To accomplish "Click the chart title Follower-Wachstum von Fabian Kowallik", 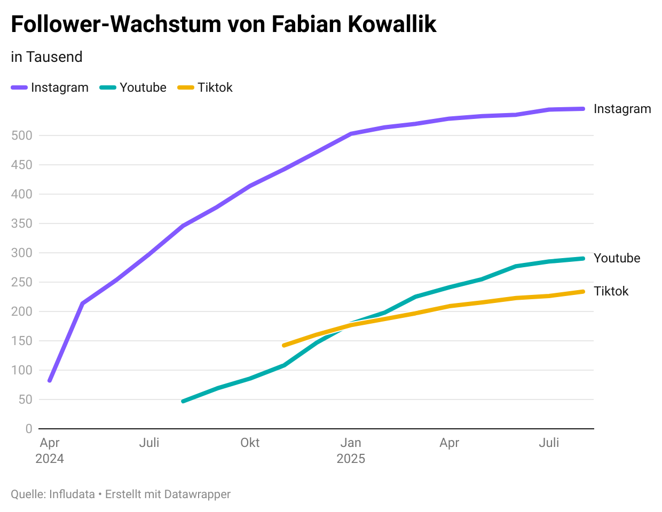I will click(224, 25).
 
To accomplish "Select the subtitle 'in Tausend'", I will click(46, 57).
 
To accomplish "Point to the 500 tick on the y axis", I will click(22, 135).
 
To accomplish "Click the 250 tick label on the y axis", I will click(22, 282).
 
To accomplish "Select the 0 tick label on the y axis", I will click(29, 429).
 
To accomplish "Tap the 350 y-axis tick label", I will click(22, 223).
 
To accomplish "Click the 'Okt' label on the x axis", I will click(250, 443).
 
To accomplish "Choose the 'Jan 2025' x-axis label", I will click(351, 450).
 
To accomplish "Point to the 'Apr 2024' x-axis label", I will click(50, 450).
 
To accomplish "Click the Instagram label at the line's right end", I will click(622, 109).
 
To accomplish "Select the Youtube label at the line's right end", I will click(617, 258).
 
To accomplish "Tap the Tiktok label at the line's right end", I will click(611, 291).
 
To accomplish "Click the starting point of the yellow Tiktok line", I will click(283, 346).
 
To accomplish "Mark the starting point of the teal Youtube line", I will click(183, 401).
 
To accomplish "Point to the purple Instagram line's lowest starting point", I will click(50, 381).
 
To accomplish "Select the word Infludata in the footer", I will click(72, 494).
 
